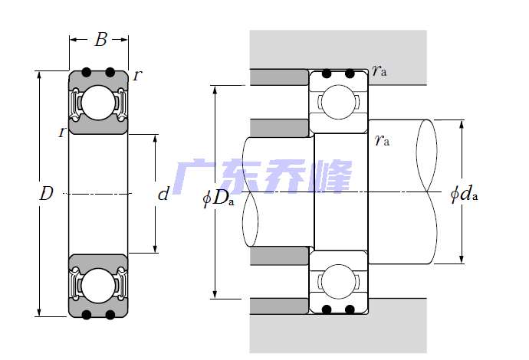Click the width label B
click(x=100, y=40)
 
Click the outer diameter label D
click(x=46, y=194)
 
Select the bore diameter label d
click(x=163, y=195)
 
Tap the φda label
click(x=464, y=195)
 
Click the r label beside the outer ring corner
click(x=136, y=75)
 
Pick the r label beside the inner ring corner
click(x=61, y=133)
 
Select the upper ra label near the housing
click(x=379, y=71)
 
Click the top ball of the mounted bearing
click(x=338, y=101)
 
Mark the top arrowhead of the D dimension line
click(x=37, y=75)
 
